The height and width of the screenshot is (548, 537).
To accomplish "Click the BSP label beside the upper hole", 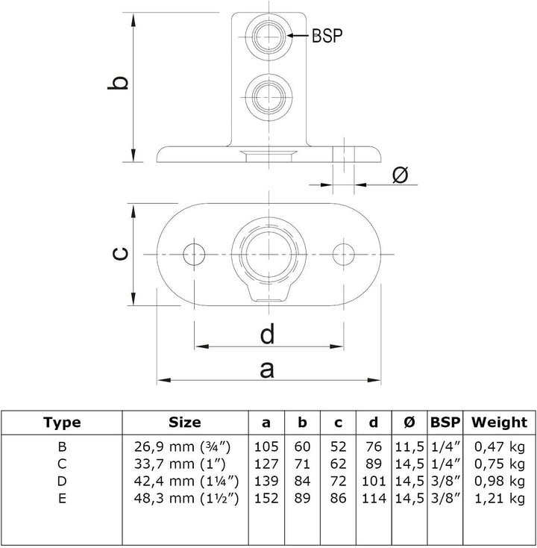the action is (x=327, y=35).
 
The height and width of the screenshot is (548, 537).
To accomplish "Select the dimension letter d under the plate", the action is (x=268, y=334).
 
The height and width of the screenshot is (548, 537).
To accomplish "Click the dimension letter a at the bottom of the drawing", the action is (x=267, y=370).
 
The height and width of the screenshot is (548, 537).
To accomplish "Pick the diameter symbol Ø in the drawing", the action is (x=400, y=175).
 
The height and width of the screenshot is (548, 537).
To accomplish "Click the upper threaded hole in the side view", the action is (x=268, y=36).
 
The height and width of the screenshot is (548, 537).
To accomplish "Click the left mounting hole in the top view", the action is (x=194, y=255).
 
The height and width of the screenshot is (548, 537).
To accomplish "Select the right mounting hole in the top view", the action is (x=344, y=255).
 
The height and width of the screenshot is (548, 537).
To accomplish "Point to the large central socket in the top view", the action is (x=268, y=255).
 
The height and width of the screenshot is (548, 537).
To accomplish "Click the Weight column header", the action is (x=499, y=423).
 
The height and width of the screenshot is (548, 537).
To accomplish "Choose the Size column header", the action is (x=185, y=423).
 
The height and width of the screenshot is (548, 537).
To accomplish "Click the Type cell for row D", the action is (x=62, y=482).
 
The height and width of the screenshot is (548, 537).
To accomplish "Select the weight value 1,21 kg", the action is (x=500, y=499).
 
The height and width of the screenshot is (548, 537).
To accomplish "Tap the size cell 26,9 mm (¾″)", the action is (x=182, y=446).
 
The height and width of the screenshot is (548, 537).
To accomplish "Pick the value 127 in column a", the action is (x=266, y=464).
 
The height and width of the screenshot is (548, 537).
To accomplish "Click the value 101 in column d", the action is (x=374, y=482).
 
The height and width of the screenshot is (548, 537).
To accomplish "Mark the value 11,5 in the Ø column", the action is (x=409, y=447).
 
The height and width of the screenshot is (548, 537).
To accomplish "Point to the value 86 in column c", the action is (x=338, y=499).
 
